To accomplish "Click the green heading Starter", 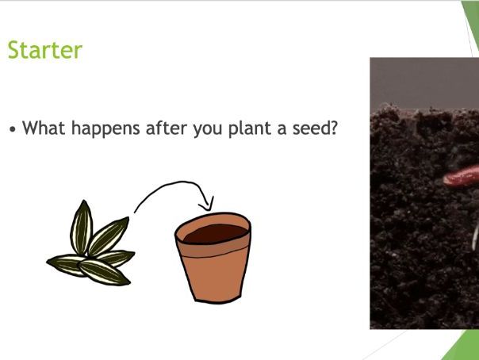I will (x=44, y=50).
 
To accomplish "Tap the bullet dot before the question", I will (x=13, y=128).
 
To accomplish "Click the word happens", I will (x=109, y=128).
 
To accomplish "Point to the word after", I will (x=167, y=127).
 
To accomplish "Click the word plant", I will (x=254, y=128).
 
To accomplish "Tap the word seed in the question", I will (x=311, y=127).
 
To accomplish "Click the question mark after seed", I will (x=334, y=127).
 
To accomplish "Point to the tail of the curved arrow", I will (x=136, y=212).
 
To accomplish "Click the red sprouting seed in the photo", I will (x=460, y=177).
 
